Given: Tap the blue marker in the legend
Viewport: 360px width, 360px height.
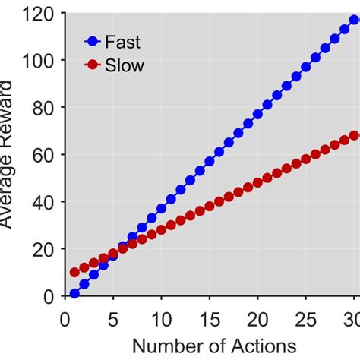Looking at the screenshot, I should [x=93, y=43].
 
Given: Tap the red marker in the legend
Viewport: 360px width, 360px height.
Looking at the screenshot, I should [x=93, y=65].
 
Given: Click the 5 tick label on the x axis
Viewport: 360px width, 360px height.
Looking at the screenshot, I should [x=113, y=314].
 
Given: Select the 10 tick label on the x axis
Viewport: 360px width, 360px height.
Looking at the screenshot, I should [x=161, y=314].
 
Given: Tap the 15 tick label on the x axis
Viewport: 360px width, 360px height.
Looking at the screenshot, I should [x=210, y=314].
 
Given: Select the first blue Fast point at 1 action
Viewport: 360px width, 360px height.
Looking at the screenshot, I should [x=74, y=293].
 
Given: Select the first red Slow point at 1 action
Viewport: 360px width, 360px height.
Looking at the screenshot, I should [x=74, y=272].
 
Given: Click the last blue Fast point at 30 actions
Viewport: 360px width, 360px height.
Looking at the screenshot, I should [x=354, y=20].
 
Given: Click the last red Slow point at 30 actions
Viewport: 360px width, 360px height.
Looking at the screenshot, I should [x=354, y=136].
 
